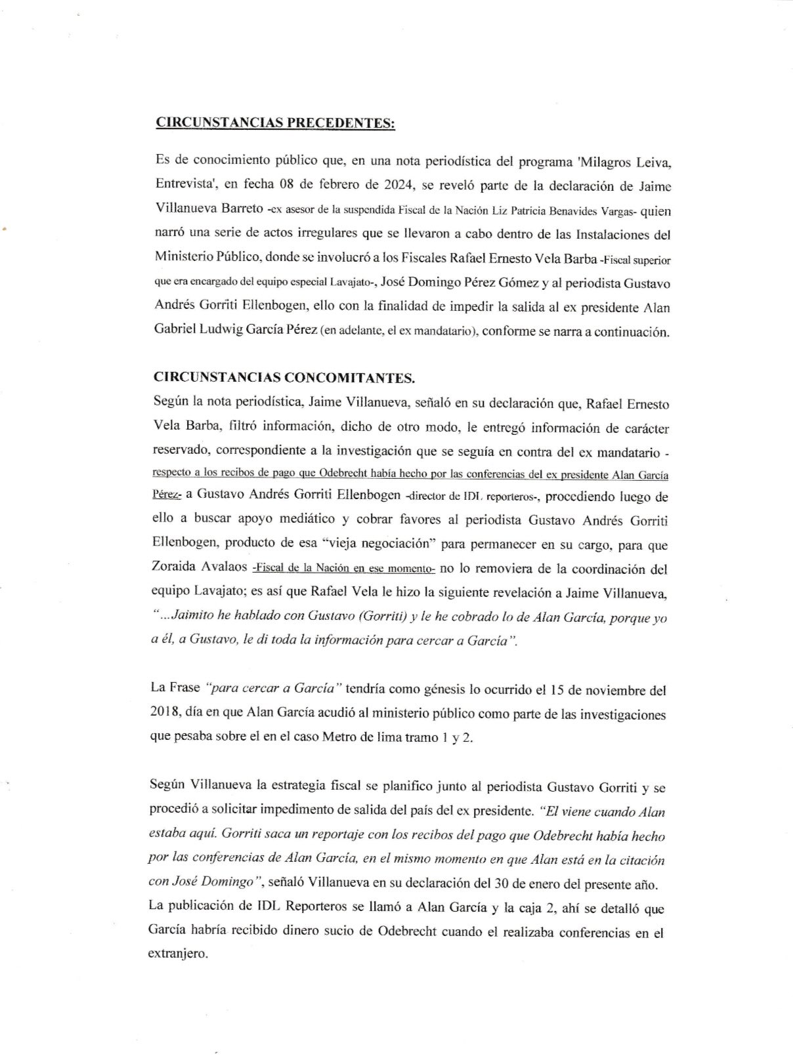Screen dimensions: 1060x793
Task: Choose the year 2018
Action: pyautogui.click(x=163, y=714)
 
